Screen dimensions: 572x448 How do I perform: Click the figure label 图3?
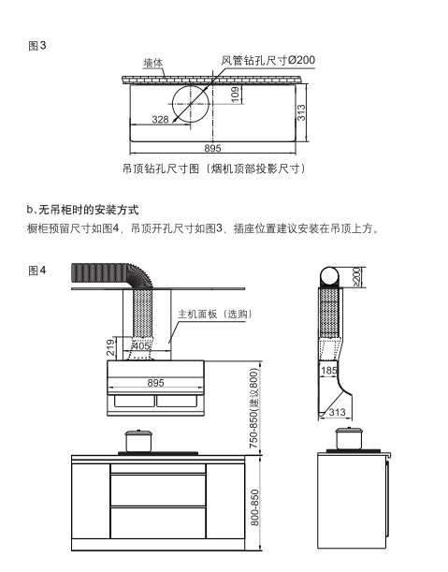pyautogui.click(x=38, y=45)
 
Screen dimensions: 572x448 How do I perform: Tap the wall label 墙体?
pyautogui.click(x=153, y=64)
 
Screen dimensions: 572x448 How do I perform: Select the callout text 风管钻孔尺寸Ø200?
pyautogui.click(x=267, y=60)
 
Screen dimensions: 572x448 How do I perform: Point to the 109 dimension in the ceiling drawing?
pyautogui.click(x=235, y=94)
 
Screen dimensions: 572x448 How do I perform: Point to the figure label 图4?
pyautogui.click(x=38, y=271)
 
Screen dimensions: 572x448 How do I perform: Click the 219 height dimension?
pyautogui.click(x=110, y=348)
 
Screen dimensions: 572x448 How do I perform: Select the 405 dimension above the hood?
pyautogui.click(x=141, y=346)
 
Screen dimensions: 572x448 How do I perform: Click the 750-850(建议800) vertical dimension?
pyautogui.click(x=253, y=409)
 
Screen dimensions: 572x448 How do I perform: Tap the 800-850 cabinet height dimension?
pyautogui.click(x=253, y=506)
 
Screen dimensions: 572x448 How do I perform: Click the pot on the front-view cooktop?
pyautogui.click(x=137, y=440)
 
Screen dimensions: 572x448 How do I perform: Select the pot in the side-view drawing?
pyautogui.click(x=349, y=438)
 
